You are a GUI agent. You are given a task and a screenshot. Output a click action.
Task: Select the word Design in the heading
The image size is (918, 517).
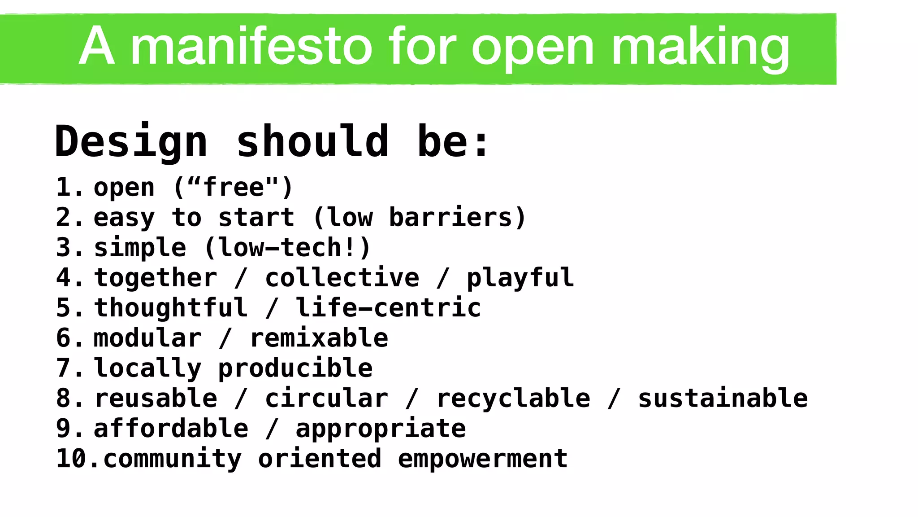click(131, 142)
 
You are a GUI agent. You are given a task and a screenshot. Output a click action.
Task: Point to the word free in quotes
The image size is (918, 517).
click(234, 188)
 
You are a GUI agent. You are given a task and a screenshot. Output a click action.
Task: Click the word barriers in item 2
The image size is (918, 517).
click(450, 218)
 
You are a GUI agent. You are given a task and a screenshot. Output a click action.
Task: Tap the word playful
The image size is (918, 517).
click(520, 278)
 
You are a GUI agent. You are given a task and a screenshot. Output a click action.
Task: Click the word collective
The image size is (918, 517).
click(342, 278)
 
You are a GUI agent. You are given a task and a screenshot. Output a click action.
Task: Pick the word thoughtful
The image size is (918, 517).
click(171, 308)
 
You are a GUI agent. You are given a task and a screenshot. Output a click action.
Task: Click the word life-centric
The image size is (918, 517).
click(388, 308)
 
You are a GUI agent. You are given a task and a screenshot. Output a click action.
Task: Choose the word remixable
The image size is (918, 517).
click(319, 338)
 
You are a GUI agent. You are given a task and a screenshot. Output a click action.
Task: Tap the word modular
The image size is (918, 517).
click(147, 338)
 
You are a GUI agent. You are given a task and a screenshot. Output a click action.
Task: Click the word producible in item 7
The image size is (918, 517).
click(295, 368)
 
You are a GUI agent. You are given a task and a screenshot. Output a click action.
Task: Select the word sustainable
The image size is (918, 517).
click(723, 399)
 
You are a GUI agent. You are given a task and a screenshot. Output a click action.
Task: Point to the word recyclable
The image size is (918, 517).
click(513, 399)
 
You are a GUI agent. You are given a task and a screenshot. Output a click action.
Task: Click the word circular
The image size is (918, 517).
click(326, 399)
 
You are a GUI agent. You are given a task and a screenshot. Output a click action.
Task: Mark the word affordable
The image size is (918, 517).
click(171, 429)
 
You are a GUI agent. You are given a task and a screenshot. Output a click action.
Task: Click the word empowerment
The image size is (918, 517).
click(482, 459)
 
